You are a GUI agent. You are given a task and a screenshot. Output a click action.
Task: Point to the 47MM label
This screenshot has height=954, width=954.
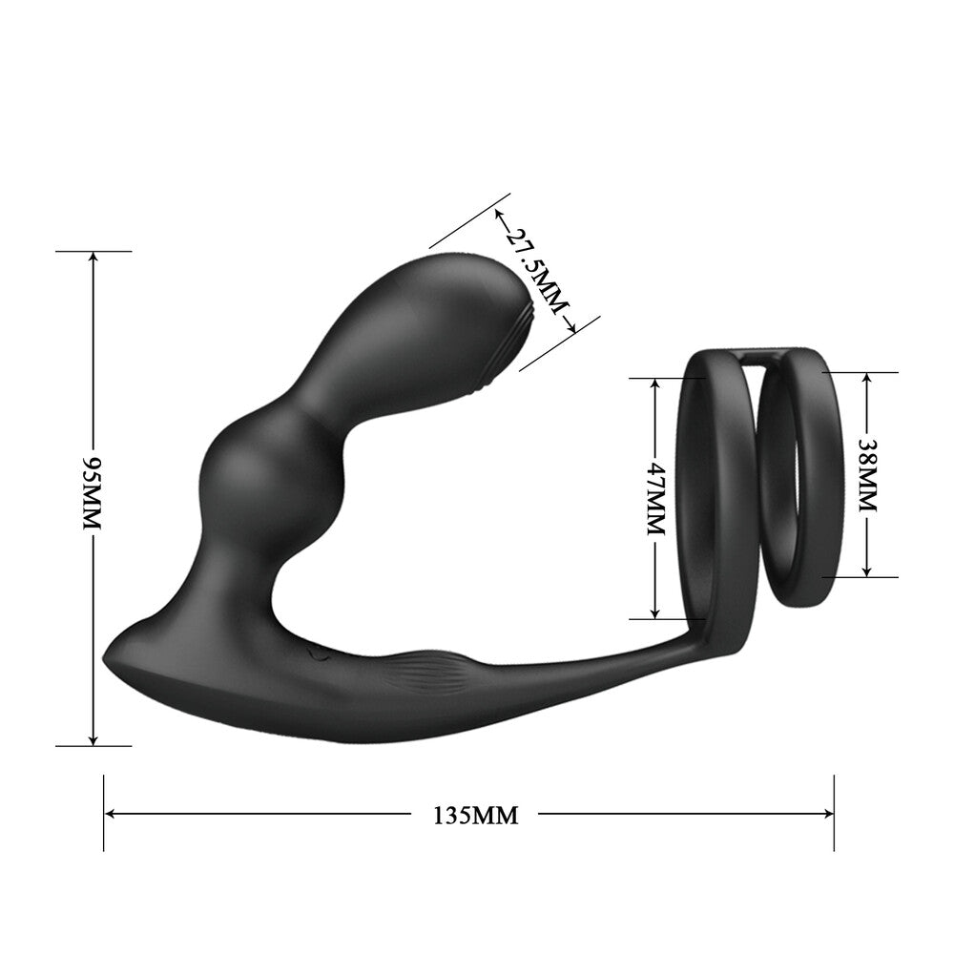point(655,497)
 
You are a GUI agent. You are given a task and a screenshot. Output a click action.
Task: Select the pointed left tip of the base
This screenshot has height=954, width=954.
point(106,661)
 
